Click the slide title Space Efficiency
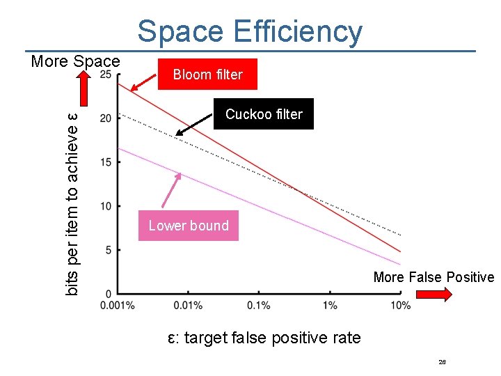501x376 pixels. [x=250, y=31]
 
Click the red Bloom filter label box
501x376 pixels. [x=207, y=75]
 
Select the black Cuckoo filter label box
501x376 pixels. [x=264, y=114]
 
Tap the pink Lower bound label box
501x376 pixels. [x=188, y=226]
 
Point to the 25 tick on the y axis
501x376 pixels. [x=107, y=75]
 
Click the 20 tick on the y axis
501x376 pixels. [x=106, y=118]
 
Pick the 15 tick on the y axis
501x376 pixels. [x=106, y=162]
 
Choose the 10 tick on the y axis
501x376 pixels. [x=106, y=206]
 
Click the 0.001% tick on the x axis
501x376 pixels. [x=117, y=305]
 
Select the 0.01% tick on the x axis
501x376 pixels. [x=188, y=305]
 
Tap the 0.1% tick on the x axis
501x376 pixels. [x=259, y=305]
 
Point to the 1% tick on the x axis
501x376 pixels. [x=330, y=305]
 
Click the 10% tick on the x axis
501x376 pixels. [x=401, y=305]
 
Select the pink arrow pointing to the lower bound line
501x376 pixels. [x=172, y=190]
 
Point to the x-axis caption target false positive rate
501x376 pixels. [x=264, y=338]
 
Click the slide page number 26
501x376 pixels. [x=442, y=362]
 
